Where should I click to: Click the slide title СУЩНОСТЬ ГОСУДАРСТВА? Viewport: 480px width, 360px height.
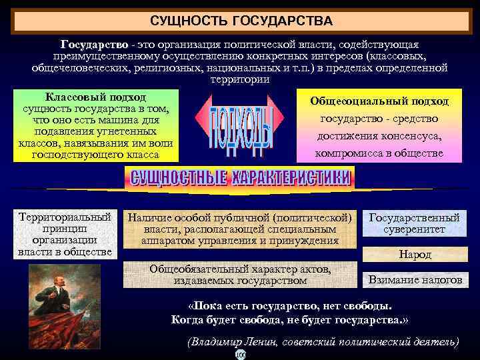coord(241,22)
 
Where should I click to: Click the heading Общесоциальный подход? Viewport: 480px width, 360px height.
coord(379,101)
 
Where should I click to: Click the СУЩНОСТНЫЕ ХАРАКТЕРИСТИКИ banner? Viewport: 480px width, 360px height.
coord(240,177)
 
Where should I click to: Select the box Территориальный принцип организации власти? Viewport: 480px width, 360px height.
coord(65,235)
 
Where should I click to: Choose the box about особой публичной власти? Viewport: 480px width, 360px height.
coord(240,229)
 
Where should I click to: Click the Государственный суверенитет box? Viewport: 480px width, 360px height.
coord(414,223)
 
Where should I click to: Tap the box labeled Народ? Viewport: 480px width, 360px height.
coord(415,254)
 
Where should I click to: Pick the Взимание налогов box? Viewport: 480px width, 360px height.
coord(415,280)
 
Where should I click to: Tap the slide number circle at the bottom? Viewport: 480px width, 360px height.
coord(240,355)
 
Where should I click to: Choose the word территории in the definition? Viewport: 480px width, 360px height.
coord(240,79)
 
